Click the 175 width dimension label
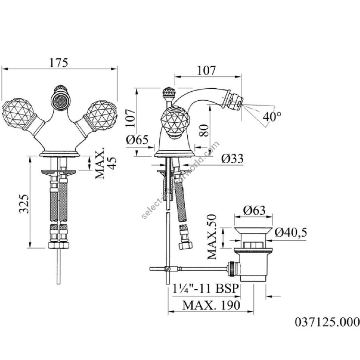pyautogui.click(x=59, y=63)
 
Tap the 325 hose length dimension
pyautogui.click(x=24, y=204)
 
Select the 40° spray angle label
pyautogui.click(x=272, y=116)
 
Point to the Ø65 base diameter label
pyautogui.click(x=137, y=140)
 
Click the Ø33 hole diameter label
pyautogui.click(x=232, y=158)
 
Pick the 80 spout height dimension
pyautogui.click(x=204, y=130)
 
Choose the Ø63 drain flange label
pyautogui.click(x=254, y=210)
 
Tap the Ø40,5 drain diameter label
pyautogui.click(x=291, y=232)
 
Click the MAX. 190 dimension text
pyautogui.click(x=211, y=305)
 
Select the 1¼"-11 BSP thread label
pyautogui.click(x=206, y=288)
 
